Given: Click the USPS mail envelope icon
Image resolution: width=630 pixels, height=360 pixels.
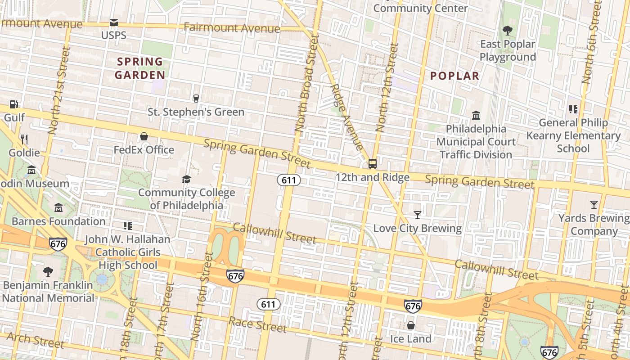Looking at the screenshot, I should (x=113, y=22).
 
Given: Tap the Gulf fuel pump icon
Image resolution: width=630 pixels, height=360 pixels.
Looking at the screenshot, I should (x=14, y=104).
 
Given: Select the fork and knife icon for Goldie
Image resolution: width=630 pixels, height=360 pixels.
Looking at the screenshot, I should (x=24, y=139).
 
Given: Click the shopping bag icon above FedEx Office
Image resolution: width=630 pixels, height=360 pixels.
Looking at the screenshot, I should (x=144, y=136).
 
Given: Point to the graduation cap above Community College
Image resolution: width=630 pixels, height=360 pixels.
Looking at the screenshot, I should (x=186, y=180).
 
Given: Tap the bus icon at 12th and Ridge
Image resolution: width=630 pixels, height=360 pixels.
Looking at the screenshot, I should (x=373, y=163).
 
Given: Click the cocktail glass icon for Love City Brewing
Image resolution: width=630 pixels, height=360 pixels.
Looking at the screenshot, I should (x=418, y=215).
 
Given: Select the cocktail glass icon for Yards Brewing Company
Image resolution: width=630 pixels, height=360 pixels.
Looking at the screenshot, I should (x=594, y=205).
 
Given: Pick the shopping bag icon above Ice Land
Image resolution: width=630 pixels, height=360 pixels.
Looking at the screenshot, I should (x=410, y=325).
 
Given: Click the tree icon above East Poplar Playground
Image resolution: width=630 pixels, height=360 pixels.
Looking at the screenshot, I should (x=508, y=31).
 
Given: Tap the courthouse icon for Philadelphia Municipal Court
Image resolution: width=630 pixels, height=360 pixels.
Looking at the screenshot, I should (x=476, y=116).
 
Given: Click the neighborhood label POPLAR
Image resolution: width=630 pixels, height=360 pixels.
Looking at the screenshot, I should (x=454, y=76).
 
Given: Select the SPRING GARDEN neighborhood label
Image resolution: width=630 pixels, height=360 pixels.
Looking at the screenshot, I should (x=139, y=68).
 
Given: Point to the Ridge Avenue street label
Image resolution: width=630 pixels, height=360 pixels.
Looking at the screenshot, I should (x=346, y=117).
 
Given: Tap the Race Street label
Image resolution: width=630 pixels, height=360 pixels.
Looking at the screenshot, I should (x=257, y=324).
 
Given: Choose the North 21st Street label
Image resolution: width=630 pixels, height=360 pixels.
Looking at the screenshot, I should (x=58, y=90).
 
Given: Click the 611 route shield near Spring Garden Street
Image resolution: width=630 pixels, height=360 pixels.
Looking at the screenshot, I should (x=288, y=180).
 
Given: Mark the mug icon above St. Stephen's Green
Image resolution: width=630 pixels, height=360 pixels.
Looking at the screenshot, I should (x=196, y=98).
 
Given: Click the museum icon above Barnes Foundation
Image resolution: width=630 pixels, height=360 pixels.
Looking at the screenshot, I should (x=58, y=208).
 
